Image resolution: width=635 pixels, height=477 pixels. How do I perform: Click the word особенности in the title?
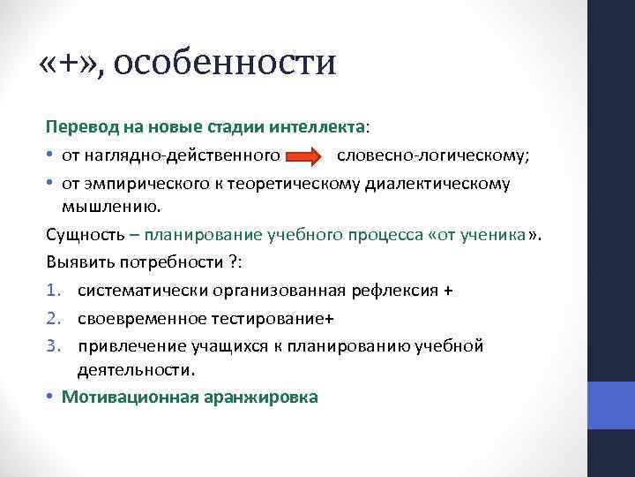[225, 64]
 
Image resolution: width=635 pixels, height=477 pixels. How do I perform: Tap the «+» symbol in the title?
[71, 64]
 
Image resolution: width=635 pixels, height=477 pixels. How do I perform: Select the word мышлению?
[111, 207]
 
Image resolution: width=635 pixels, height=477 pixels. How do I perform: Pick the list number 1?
[52, 291]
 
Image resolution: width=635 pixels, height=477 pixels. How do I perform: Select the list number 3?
[52, 345]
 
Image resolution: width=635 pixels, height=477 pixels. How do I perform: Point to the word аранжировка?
[262, 397]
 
